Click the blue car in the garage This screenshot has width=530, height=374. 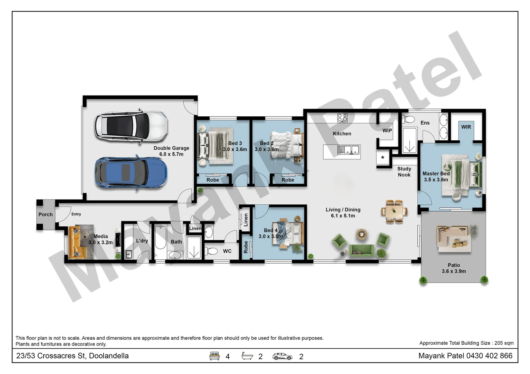click(131, 172)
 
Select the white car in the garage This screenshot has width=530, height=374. click(131, 126)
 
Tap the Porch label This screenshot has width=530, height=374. click(45, 215)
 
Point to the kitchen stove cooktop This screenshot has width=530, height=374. click(342, 118)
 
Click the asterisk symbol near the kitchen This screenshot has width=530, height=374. click(383, 158)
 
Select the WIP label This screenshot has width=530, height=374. click(387, 131)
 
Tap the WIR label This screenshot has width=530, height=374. click(466, 127)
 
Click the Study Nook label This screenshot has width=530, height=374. click(404, 172)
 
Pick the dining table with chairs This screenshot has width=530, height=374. click(394, 211)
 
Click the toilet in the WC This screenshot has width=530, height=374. click(211, 251)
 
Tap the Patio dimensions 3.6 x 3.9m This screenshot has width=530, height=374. click(453, 271)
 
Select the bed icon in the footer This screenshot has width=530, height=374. click(215, 356)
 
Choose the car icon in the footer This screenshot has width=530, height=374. click(282, 356)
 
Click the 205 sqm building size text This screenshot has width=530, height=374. click(504, 343)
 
